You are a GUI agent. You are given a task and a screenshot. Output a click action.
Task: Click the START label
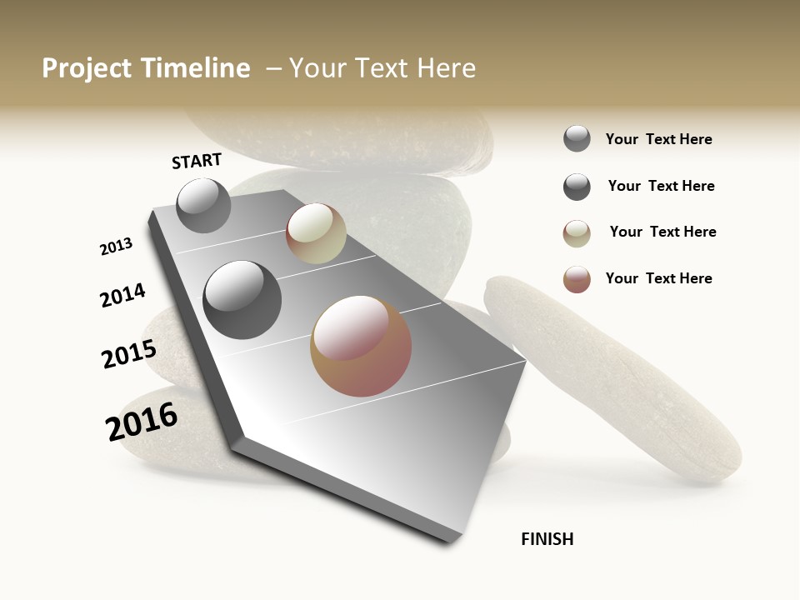(197, 161)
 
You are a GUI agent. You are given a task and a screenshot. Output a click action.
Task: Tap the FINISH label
(547, 539)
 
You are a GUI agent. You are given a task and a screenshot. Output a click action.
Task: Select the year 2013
(116, 247)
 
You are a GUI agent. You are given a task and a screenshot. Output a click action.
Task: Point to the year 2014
(122, 295)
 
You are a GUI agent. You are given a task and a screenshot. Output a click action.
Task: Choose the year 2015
(128, 354)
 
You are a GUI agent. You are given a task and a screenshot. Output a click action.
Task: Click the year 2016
(142, 421)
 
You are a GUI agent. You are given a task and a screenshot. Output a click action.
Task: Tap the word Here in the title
(446, 68)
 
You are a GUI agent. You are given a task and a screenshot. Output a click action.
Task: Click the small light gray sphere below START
(203, 205)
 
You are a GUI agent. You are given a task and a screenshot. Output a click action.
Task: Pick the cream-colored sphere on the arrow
(316, 233)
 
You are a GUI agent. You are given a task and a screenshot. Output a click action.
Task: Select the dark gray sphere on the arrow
(242, 300)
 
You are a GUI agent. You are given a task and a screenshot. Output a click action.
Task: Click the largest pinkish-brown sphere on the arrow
(361, 346)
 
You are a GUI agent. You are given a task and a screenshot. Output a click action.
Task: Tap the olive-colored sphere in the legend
(577, 233)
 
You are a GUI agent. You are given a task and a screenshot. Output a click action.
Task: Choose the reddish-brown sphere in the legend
(577, 279)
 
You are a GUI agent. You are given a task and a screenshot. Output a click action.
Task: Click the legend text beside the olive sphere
(662, 232)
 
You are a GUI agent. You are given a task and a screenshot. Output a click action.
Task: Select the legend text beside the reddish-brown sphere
(658, 278)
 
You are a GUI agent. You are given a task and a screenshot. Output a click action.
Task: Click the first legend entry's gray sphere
(577, 138)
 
